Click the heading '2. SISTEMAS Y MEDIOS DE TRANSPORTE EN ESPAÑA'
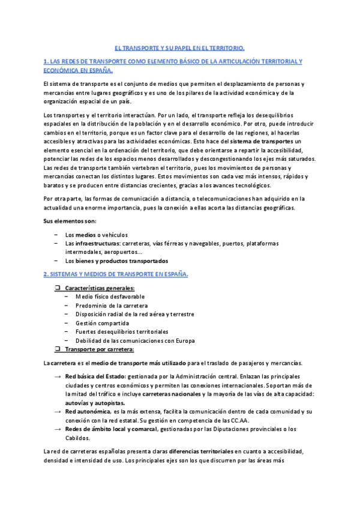click(116, 274)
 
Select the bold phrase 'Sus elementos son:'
click(69, 221)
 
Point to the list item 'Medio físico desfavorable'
click(110, 297)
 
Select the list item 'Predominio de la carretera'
click(111, 306)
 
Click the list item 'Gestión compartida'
click(102, 323)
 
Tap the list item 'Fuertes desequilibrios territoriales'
click(122, 331)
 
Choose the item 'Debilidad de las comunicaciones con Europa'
click(135, 340)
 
